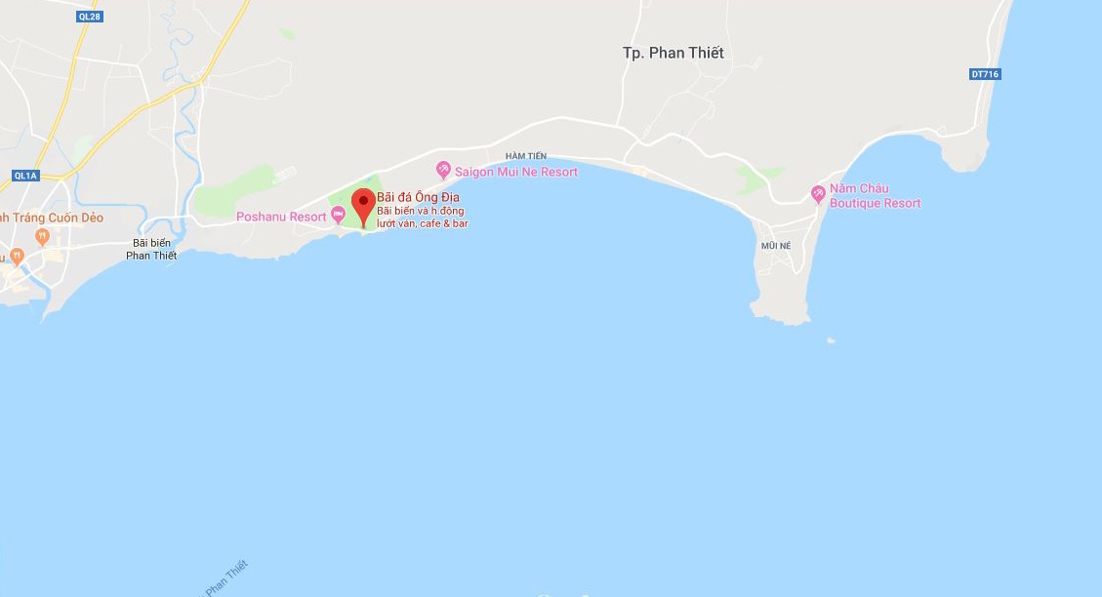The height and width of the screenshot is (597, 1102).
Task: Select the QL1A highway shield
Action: [x=24, y=176]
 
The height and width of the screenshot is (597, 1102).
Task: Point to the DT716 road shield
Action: [x=986, y=74]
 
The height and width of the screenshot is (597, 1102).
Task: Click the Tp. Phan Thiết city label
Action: [x=673, y=53]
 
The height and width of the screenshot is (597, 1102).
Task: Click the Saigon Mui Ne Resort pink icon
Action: [x=443, y=171]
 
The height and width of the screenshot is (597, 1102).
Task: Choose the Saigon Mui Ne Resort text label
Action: [x=516, y=173]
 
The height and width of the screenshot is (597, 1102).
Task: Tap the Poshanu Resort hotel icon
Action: [x=339, y=216]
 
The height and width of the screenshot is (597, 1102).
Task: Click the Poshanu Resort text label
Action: [x=281, y=217]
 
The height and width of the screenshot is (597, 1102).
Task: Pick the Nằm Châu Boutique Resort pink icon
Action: [x=818, y=195]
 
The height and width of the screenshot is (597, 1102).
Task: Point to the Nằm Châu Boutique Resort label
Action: [x=875, y=196]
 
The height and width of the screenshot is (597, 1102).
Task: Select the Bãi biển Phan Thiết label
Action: [x=151, y=249]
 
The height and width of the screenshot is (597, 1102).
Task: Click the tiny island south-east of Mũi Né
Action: [x=830, y=340]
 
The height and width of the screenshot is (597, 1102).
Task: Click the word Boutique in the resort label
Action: [x=854, y=203]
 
